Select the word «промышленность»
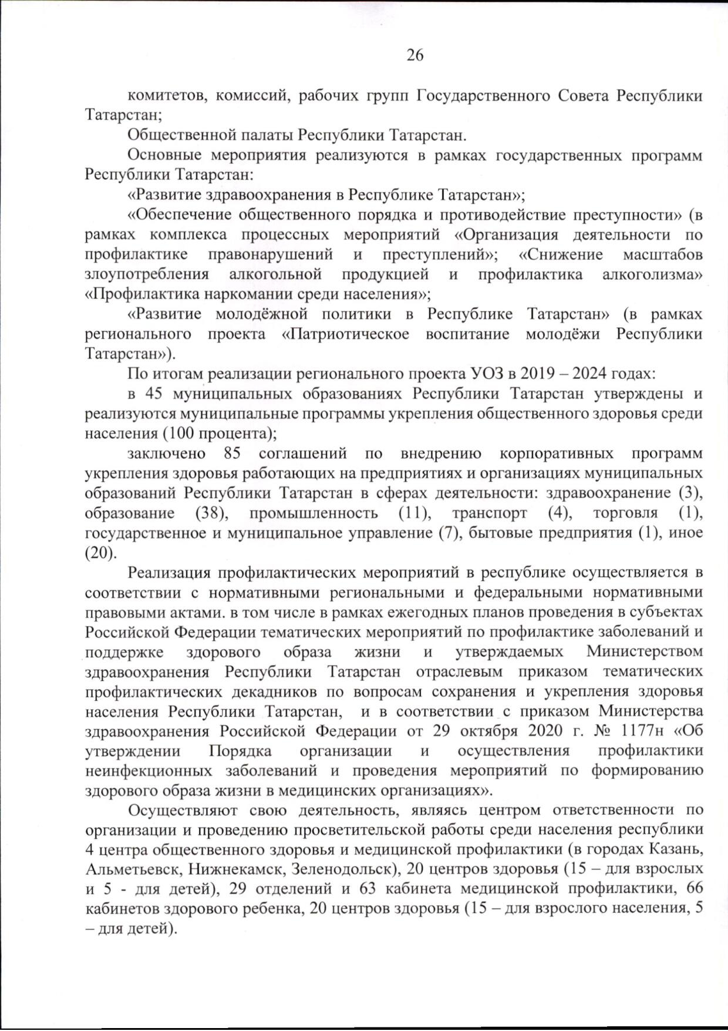[314, 513]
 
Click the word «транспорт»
[490, 513]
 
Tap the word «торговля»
[625, 513]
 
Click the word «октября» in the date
[492, 731]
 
